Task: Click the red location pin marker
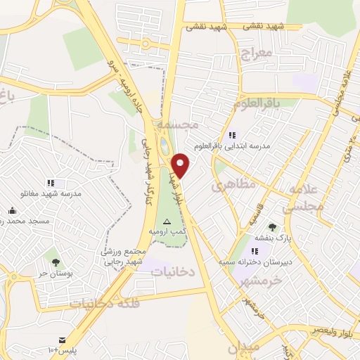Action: point(181,165)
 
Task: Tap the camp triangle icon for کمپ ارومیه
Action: point(167,221)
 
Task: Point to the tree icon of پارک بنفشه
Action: point(272,227)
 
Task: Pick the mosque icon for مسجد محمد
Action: point(12,210)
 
